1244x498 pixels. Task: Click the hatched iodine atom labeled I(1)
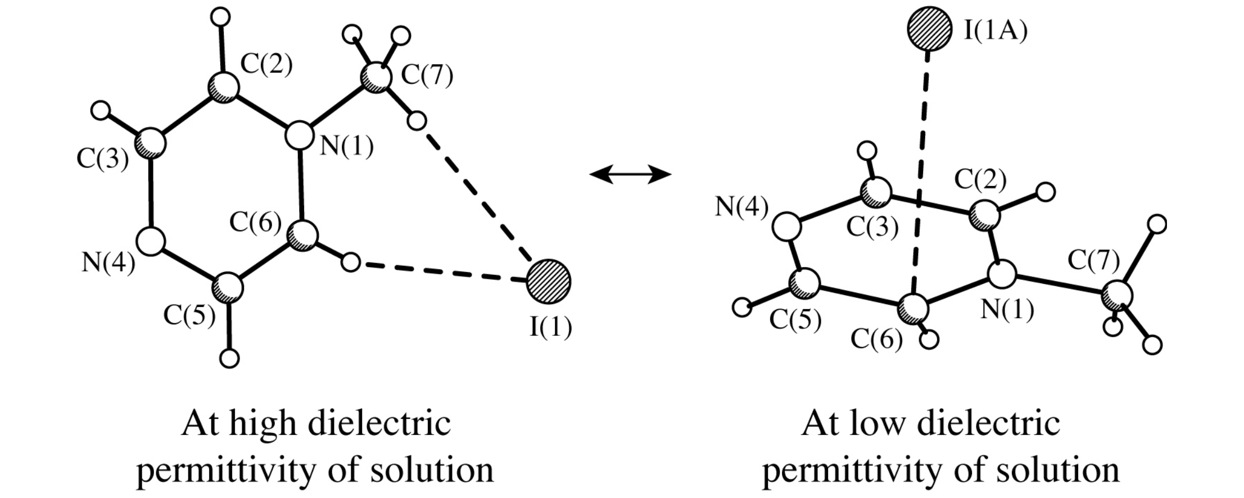coord(549,282)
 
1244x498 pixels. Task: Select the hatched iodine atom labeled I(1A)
coord(929,29)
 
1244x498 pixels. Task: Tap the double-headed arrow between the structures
coord(630,174)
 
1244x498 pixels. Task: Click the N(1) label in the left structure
coord(347,147)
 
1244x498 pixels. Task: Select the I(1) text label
coord(551,327)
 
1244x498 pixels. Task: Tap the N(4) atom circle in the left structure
coord(152,241)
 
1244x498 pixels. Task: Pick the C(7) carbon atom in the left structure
coord(376,78)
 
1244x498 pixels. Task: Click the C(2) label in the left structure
coord(266,65)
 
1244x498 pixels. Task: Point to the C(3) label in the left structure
coord(103,159)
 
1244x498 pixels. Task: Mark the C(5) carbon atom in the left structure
coord(228,288)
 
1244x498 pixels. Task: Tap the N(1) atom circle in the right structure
coord(1002,274)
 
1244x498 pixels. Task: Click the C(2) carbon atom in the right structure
coord(984,214)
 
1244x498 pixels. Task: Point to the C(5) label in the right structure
coord(795,320)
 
